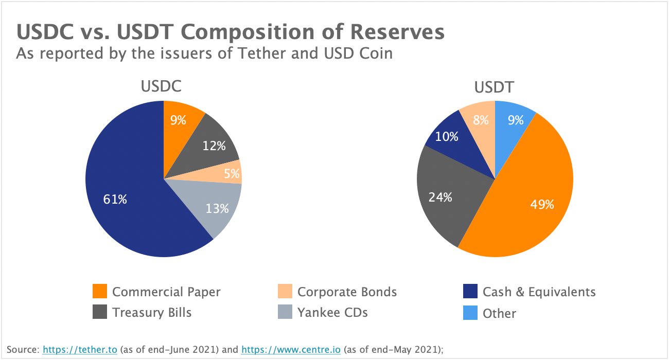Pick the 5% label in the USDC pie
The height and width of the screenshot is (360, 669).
point(232,174)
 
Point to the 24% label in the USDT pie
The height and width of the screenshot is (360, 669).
point(440,196)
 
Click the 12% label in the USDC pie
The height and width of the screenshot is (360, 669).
point(214,146)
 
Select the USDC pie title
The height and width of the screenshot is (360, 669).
point(161,86)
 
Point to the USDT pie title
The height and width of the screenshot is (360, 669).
point(494,87)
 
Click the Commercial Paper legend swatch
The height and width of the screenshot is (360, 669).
point(100,292)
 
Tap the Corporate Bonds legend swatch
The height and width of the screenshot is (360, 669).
point(285,292)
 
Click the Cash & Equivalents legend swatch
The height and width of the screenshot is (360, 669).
point(470,292)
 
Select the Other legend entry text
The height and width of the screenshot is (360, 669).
point(499,313)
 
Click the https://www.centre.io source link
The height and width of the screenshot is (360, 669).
point(291,350)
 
